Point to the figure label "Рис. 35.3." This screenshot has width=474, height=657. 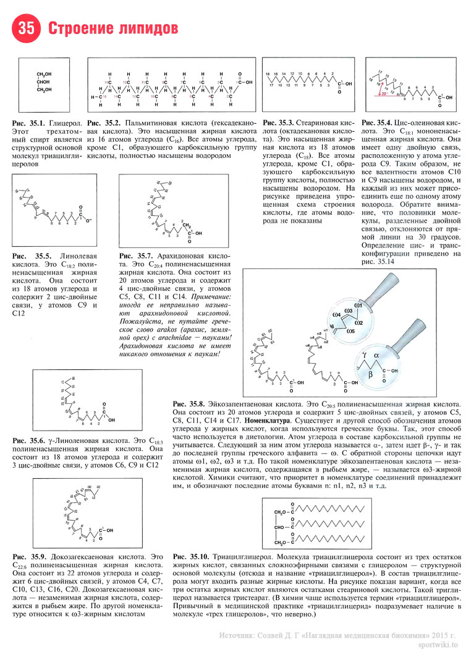tap(277, 124)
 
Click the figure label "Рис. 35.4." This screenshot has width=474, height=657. tap(376, 124)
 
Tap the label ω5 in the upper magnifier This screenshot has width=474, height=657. tap(350, 331)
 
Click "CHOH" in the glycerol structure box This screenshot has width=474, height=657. tap(44, 82)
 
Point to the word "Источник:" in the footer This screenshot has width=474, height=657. tap(237, 635)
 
